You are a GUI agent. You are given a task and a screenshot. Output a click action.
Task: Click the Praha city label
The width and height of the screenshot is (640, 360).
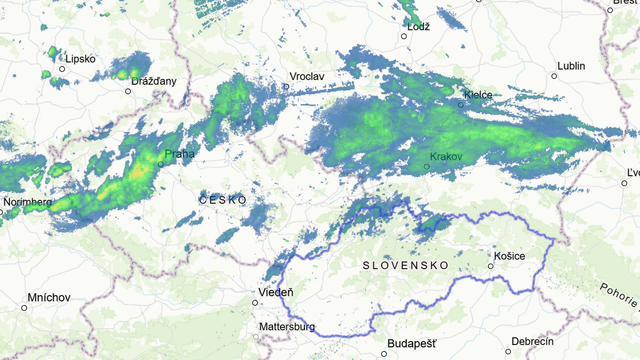181,153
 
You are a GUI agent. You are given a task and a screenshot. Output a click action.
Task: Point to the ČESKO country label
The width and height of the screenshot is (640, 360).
222,200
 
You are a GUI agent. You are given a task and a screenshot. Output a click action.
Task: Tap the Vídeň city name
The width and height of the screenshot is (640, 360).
276,292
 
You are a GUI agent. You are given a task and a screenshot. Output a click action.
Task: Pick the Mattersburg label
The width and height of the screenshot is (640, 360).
287,327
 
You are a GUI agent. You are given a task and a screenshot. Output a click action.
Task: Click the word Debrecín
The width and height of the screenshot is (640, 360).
531,341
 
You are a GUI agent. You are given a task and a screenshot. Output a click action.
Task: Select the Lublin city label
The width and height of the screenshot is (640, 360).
571,65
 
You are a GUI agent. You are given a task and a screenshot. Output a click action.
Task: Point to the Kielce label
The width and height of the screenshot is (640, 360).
478,95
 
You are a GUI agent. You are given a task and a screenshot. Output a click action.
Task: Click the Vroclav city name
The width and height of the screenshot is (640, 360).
308,76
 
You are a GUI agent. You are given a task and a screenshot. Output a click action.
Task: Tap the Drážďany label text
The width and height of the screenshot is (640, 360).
154,79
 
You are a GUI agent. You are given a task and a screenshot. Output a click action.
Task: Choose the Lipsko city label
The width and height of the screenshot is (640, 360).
80,59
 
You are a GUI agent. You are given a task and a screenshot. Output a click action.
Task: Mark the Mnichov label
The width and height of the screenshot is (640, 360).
49,297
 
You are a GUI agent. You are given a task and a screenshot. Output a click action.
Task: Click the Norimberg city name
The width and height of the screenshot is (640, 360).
27,202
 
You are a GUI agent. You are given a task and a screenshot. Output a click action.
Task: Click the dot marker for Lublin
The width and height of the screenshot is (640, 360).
554,75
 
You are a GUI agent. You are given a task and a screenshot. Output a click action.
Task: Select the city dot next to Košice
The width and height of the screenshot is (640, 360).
490,266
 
